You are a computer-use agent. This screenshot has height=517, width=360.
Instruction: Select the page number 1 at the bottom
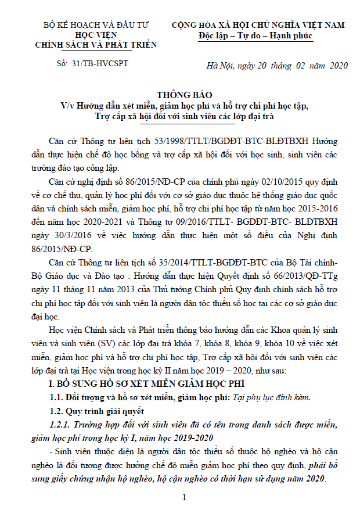click(x=184, y=498)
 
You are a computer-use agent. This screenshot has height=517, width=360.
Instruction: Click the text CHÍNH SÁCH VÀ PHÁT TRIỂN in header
click(x=96, y=44)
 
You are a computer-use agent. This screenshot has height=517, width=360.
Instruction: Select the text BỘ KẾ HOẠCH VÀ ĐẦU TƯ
click(x=96, y=26)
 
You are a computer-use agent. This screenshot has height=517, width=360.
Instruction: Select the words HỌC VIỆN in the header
click(x=96, y=35)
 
